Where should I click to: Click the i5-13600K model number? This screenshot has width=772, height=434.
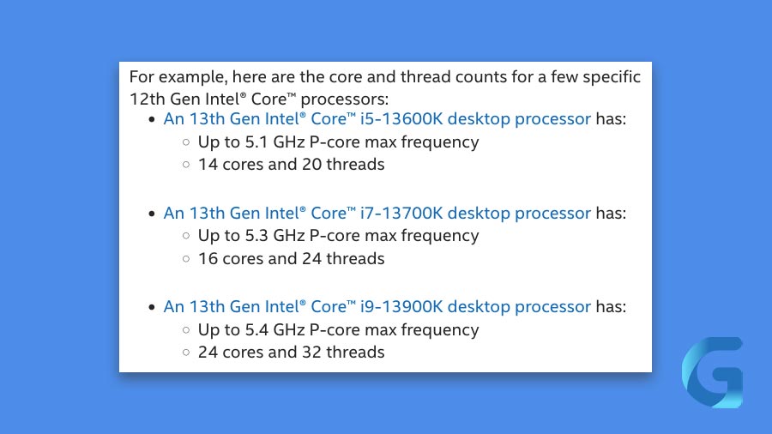pos(401,119)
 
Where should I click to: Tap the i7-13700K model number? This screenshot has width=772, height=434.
pos(401,213)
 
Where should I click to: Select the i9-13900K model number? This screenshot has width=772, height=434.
pos(401,306)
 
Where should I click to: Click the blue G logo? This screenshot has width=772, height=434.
pos(713,372)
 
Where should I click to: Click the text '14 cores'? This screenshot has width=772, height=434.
pos(231,165)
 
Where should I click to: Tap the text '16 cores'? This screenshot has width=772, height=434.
pos(231,259)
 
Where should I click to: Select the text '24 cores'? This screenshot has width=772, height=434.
pos(231,353)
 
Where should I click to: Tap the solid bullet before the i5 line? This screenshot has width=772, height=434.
pos(152,119)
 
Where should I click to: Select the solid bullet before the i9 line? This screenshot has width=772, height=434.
pos(152,307)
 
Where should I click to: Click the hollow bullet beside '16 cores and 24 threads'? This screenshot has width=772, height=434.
pos(186,259)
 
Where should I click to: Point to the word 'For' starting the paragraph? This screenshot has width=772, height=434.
pos(142,77)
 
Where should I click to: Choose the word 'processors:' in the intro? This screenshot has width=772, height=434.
pos(345,99)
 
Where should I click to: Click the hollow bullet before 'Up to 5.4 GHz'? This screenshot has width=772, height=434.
pos(186,330)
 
